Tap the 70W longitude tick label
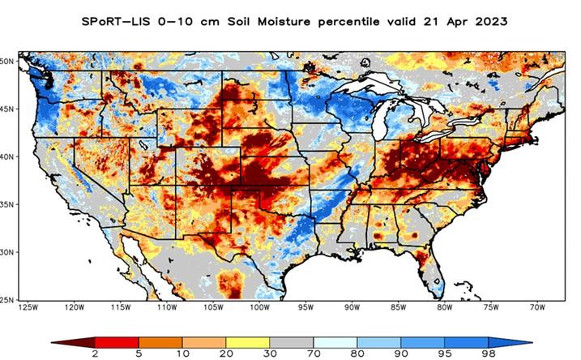click(x=536, y=307)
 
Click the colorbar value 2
click(x=96, y=354)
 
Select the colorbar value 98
click(x=488, y=354)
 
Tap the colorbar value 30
click(x=270, y=354)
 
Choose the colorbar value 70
click(x=314, y=354)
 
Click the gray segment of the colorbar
click(x=292, y=341)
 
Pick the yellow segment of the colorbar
click(x=248, y=341)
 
